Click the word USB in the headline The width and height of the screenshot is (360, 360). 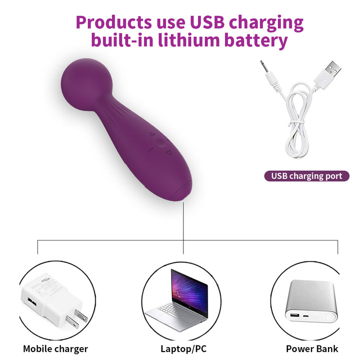click(x=207, y=22)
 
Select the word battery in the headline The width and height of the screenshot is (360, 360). click(x=256, y=41)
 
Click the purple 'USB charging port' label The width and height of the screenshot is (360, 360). click(x=306, y=176)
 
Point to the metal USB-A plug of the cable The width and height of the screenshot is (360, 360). click(x=331, y=68)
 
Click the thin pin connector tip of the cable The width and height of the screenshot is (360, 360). click(x=262, y=65)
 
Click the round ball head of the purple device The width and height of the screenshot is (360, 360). click(x=86, y=84)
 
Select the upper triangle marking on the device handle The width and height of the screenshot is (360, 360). click(x=152, y=134)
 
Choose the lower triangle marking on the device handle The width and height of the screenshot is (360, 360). click(x=169, y=152)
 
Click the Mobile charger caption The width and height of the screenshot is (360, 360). click(x=55, y=349)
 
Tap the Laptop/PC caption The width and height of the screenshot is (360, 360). click(x=183, y=349)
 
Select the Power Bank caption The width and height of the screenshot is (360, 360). click(x=312, y=349)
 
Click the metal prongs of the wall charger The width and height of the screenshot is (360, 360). click(x=77, y=318)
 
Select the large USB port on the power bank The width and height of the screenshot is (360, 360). click(x=295, y=314)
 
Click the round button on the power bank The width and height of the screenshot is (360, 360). click(x=330, y=317)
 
